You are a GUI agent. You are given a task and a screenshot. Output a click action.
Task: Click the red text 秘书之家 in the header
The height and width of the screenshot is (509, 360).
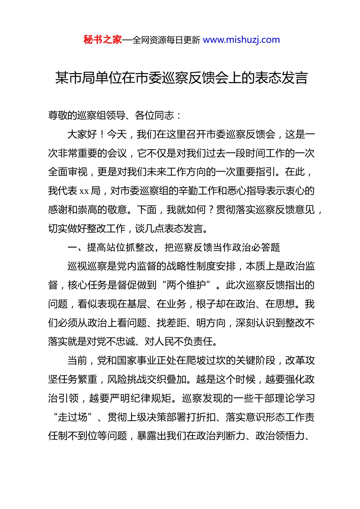103,40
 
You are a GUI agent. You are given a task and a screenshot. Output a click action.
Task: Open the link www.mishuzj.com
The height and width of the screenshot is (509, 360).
241,40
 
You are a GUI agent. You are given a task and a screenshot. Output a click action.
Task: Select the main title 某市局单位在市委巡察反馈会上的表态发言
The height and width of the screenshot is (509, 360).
181,78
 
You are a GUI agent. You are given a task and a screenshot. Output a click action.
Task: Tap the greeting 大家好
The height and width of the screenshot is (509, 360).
82,134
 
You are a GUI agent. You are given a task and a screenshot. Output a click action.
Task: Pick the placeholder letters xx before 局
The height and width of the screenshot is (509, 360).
84,191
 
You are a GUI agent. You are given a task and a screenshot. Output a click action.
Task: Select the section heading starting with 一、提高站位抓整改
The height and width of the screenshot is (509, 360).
174,248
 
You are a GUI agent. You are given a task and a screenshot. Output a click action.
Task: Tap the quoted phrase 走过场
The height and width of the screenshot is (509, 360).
72,417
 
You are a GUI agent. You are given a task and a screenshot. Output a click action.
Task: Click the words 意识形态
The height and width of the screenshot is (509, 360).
266,417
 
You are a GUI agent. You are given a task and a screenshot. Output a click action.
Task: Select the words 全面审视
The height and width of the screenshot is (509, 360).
68,172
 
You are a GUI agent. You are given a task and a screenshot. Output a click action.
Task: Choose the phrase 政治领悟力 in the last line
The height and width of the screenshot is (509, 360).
280,436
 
